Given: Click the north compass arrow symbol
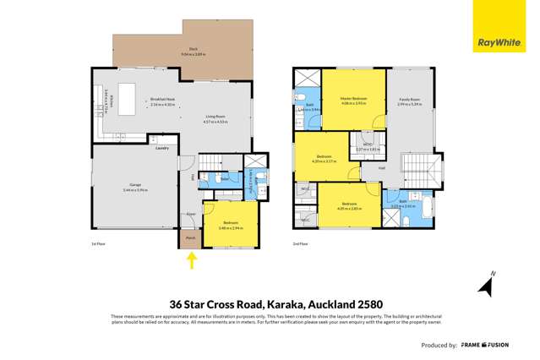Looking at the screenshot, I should tap(484, 287).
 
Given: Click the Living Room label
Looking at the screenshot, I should tap(214, 119).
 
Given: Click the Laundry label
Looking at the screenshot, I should tap(161, 148).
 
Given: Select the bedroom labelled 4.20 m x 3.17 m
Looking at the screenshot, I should tap(325, 158).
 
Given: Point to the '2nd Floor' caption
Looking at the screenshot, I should tap(300, 244).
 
